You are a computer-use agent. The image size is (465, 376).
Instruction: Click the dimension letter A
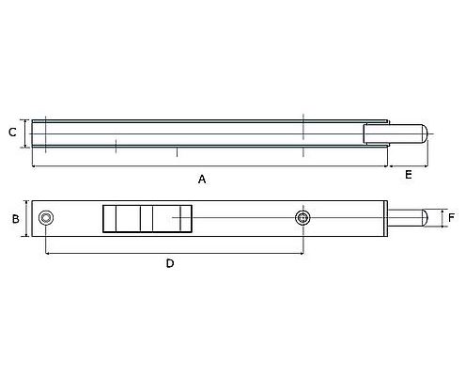point(201,178)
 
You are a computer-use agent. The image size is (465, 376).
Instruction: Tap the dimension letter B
point(15,218)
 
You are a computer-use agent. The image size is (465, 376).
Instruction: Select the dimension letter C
point(12,133)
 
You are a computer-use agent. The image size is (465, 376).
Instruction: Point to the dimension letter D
point(170,264)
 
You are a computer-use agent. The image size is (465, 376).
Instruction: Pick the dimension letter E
point(409,175)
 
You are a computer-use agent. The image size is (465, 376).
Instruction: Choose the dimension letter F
point(451,217)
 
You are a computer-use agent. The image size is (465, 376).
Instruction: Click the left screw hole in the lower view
point(46,218)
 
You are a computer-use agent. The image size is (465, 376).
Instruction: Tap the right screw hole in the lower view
point(302,218)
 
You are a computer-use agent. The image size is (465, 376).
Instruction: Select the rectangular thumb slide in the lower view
point(147,218)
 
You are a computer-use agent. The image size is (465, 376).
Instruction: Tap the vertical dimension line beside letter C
point(24,133)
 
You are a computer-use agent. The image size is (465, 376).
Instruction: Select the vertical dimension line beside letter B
point(25,218)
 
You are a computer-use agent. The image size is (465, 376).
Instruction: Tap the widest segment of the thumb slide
point(174,218)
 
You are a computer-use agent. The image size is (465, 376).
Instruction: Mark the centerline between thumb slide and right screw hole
point(244,218)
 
